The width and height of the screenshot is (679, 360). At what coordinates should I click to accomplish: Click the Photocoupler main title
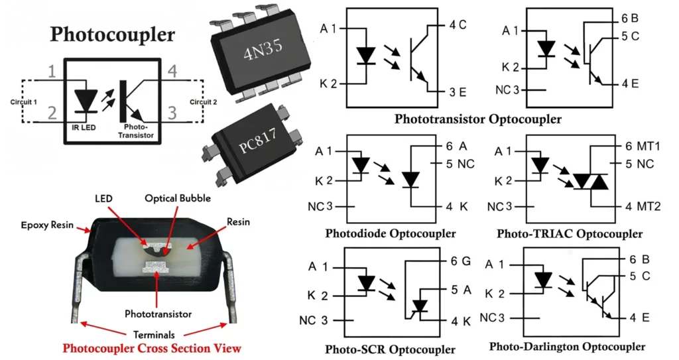click(x=113, y=34)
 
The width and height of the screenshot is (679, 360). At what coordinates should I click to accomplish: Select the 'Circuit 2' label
click(x=203, y=103)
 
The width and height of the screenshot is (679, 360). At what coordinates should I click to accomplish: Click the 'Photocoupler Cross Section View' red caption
click(x=152, y=348)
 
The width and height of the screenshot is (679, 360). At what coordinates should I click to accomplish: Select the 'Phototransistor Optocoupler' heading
click(x=477, y=120)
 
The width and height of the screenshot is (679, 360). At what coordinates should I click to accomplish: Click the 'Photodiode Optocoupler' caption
click(x=391, y=233)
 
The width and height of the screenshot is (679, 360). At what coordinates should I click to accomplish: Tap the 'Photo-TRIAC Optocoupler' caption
click(x=569, y=233)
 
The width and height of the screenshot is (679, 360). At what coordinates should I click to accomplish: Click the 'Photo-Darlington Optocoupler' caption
click(x=567, y=347)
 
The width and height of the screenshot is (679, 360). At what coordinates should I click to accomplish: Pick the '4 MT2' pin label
click(x=643, y=206)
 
